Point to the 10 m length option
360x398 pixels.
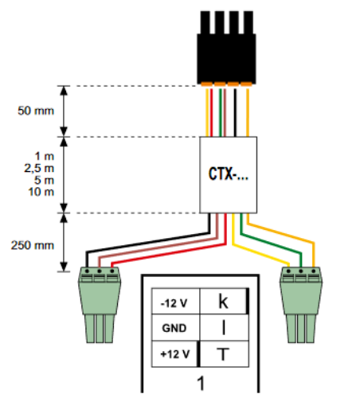pyautogui.click(x=36, y=193)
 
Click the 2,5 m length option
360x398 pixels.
pyautogui.click(x=36, y=168)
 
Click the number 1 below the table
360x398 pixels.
pyautogui.click(x=201, y=382)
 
